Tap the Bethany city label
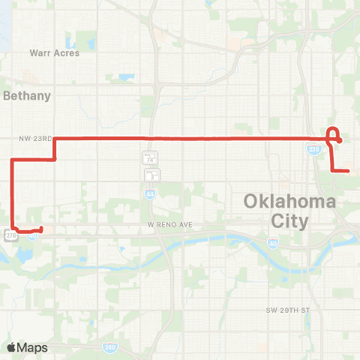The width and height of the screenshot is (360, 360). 27,95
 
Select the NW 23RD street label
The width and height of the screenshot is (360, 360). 35,139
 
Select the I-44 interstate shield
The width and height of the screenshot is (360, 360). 151,193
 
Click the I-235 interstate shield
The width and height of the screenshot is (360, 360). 314,150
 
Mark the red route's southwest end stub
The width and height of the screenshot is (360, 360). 40,229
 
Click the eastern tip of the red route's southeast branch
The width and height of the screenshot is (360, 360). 349,171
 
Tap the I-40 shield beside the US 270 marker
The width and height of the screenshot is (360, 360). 33,235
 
